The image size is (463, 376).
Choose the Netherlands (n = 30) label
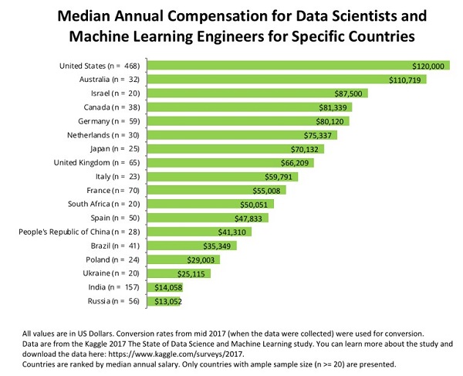(102, 135)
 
